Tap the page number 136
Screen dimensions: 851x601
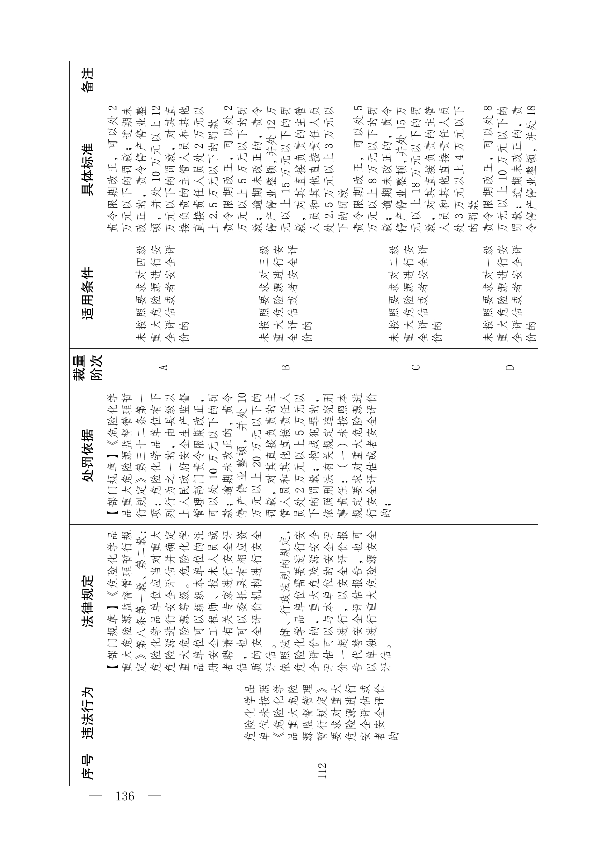[x=125, y=797]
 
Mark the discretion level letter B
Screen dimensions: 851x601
[x=286, y=367]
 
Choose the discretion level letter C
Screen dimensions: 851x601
[x=415, y=367]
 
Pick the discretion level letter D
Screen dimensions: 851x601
[x=509, y=367]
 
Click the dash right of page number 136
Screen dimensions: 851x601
[x=155, y=797]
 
